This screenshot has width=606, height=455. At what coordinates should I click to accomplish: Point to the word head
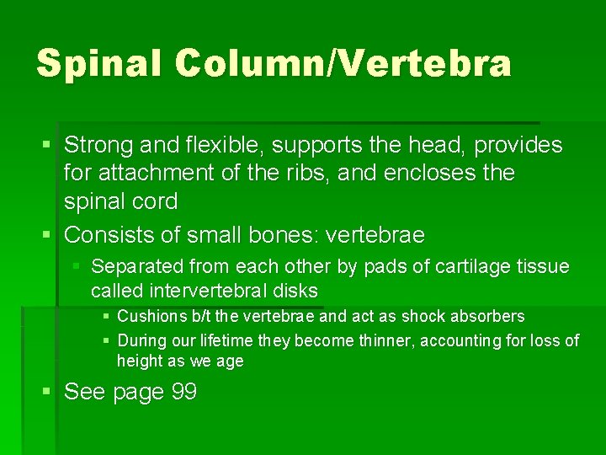(438, 145)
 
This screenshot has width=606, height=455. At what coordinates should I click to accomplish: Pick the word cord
(154, 201)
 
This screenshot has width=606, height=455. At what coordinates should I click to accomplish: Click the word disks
(297, 292)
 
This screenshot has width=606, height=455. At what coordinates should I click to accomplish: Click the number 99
(183, 392)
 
